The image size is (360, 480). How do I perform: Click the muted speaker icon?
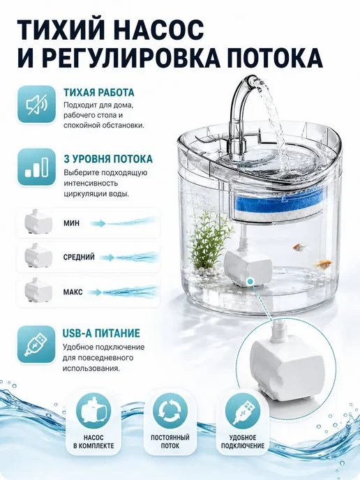click(x=36, y=105)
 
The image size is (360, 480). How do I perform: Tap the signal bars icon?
click(x=37, y=167)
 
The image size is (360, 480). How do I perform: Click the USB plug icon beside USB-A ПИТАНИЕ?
click(x=36, y=345)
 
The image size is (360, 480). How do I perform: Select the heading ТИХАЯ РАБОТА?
click(x=99, y=93)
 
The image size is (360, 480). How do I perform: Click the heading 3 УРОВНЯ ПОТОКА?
click(x=108, y=159)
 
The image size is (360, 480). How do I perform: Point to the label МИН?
click(x=71, y=223)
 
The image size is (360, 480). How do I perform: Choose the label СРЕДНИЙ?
click(x=79, y=257)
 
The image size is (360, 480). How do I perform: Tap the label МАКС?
click(x=73, y=292)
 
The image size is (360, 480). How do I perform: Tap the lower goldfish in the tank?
click(x=324, y=263)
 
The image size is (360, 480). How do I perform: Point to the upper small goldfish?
click(x=299, y=247)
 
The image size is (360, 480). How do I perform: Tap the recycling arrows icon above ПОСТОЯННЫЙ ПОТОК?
click(x=170, y=412)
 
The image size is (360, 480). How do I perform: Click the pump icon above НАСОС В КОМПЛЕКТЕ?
click(x=93, y=411)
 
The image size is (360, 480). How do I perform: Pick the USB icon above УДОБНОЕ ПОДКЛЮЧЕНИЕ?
click(x=243, y=412)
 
